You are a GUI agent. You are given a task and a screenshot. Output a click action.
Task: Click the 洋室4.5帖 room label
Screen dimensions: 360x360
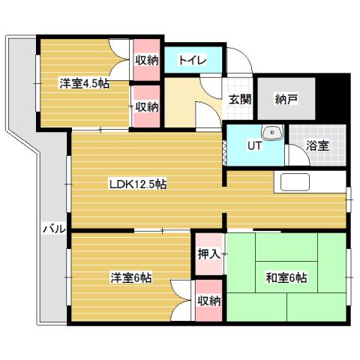pos(84,83)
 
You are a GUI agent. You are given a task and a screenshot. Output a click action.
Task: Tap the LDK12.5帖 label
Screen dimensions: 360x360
pos(138,184)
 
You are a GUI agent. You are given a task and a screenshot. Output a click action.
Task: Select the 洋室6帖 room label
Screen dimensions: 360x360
pos(131,277)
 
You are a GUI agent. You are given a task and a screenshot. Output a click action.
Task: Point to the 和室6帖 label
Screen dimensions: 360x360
pos(286,277)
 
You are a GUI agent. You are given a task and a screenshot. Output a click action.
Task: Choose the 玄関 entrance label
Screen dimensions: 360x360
pos(239,99)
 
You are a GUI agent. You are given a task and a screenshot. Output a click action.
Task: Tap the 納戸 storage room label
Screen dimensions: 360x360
pos(286,99)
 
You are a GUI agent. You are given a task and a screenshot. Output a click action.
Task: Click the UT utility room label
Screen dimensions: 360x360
pos(255,145)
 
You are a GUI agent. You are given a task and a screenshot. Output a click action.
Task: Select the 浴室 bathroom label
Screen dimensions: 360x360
pos(317,145)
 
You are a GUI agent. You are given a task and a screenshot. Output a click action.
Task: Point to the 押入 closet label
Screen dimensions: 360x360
pos(208,255)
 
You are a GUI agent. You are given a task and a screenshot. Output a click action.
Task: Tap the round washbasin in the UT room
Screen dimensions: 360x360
pos(275,136)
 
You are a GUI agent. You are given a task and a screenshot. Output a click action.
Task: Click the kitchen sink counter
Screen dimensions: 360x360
pos(295,182)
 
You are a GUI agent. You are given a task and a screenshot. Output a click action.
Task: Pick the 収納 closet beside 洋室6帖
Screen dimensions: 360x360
pos(208,301)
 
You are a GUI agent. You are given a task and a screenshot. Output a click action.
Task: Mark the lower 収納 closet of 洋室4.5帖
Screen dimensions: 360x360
pos(147,106)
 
